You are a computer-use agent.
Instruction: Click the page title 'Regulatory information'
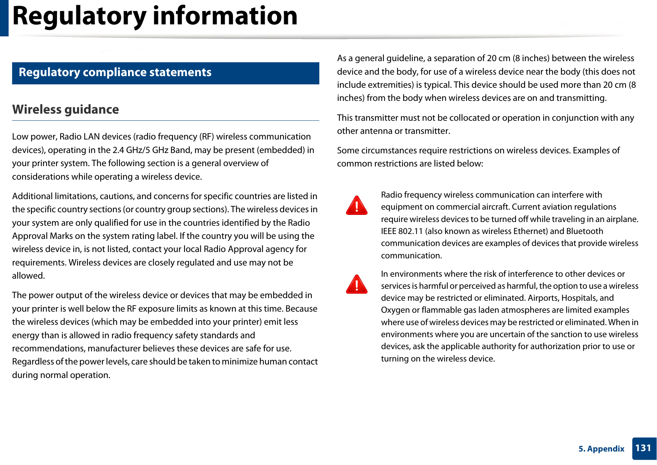point(155,16)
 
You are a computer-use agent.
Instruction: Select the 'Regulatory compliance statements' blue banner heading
point(115,72)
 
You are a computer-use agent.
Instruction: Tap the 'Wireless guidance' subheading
point(66,109)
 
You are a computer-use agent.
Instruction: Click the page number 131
point(643,448)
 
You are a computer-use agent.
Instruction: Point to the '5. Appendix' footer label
point(601,449)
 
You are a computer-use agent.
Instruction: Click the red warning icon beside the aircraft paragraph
point(356,206)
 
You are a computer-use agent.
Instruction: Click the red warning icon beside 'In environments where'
point(356,285)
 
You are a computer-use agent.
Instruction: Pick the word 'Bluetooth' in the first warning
point(584,231)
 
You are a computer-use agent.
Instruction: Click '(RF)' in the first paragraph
point(206,137)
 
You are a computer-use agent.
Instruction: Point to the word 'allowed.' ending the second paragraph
point(28,276)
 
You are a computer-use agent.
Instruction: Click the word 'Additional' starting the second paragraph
point(32,196)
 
